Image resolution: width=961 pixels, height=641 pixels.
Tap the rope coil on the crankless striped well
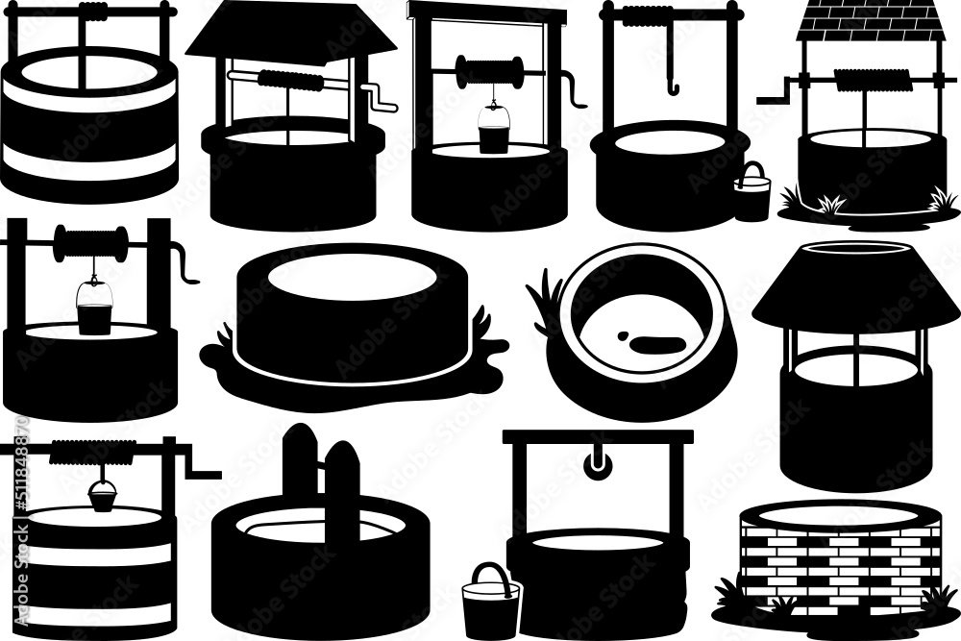(x=94, y=12)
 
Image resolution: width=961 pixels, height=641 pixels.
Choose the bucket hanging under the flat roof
(x=493, y=134)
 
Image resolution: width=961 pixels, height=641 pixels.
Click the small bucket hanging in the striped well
(x=103, y=496)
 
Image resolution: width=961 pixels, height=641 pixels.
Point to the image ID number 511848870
(x=21, y=480)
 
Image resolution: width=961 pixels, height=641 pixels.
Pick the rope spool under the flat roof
(x=490, y=71)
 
